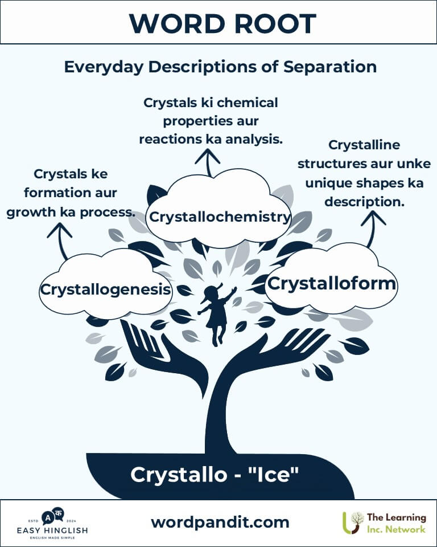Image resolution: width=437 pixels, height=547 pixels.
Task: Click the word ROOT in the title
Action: (275, 24)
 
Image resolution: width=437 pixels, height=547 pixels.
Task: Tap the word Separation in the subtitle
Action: (329, 67)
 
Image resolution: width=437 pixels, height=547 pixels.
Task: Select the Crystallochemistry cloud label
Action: (220, 217)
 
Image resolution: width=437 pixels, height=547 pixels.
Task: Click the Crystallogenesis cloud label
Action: (105, 289)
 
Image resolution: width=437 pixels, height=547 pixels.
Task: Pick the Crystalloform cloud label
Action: (331, 284)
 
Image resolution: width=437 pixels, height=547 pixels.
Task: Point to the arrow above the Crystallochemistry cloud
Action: (208, 162)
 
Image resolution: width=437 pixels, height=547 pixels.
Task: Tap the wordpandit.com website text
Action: (220, 522)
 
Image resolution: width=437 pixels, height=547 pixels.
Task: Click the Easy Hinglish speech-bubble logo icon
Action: (52, 516)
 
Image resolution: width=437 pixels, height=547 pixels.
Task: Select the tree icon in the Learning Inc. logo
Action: (352, 522)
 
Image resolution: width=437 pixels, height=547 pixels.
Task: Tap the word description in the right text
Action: (365, 202)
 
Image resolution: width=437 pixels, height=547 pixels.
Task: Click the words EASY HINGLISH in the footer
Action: (52, 530)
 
